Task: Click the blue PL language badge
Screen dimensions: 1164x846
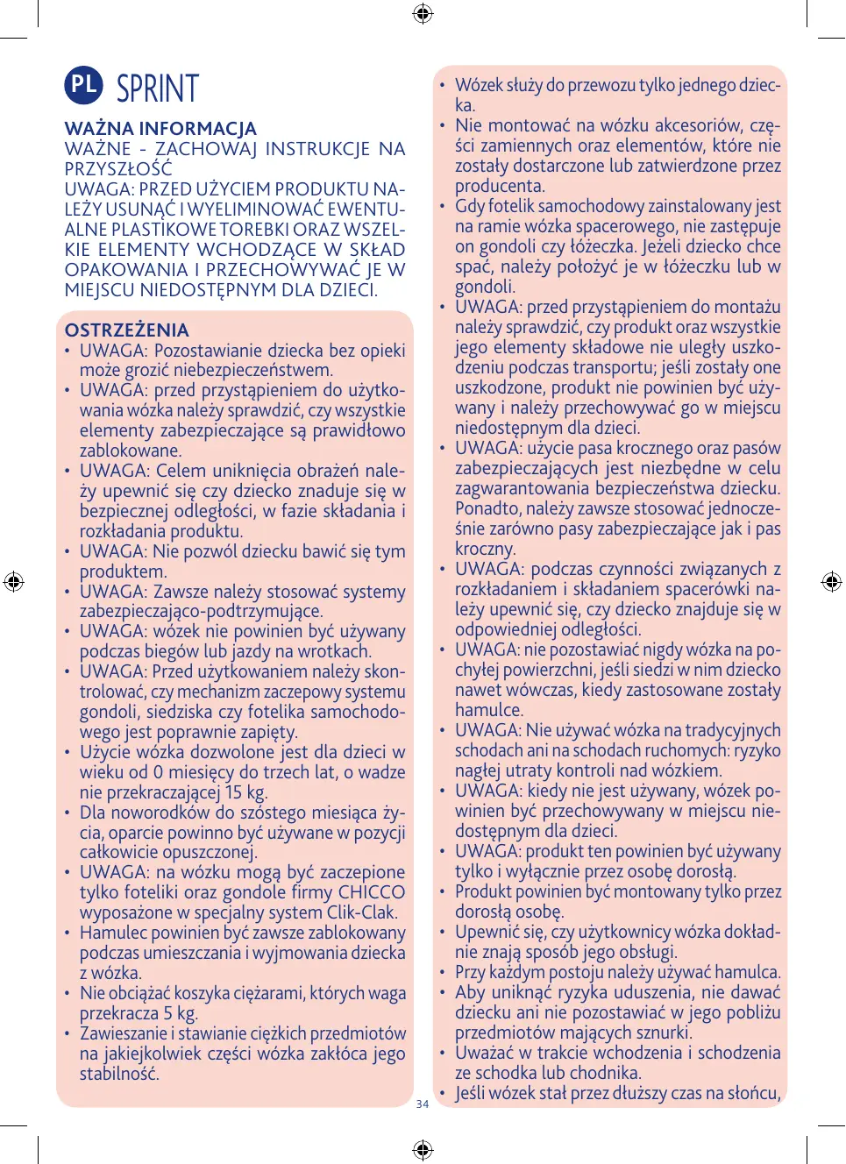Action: click(83, 84)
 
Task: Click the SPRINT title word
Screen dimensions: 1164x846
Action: click(158, 89)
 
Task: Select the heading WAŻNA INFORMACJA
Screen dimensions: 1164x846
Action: click(160, 129)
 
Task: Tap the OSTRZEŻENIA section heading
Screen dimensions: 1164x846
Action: click(127, 330)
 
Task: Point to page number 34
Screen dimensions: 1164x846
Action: click(423, 1104)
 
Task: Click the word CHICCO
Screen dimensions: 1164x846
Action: click(372, 892)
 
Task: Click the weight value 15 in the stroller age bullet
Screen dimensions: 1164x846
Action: click(233, 792)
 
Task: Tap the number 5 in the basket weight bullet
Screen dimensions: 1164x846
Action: click(167, 1013)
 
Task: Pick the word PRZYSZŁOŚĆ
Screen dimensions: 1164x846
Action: click(118, 169)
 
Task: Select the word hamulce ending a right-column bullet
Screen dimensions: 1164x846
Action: click(488, 710)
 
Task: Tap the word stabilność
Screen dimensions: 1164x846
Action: click(119, 1074)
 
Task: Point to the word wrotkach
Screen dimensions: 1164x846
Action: click(333, 651)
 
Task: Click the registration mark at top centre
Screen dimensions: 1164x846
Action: click(423, 13)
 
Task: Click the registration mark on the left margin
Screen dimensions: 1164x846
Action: click(13, 581)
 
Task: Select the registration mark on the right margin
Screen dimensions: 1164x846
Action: click(831, 581)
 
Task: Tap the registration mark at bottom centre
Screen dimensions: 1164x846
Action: click(423, 1149)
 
